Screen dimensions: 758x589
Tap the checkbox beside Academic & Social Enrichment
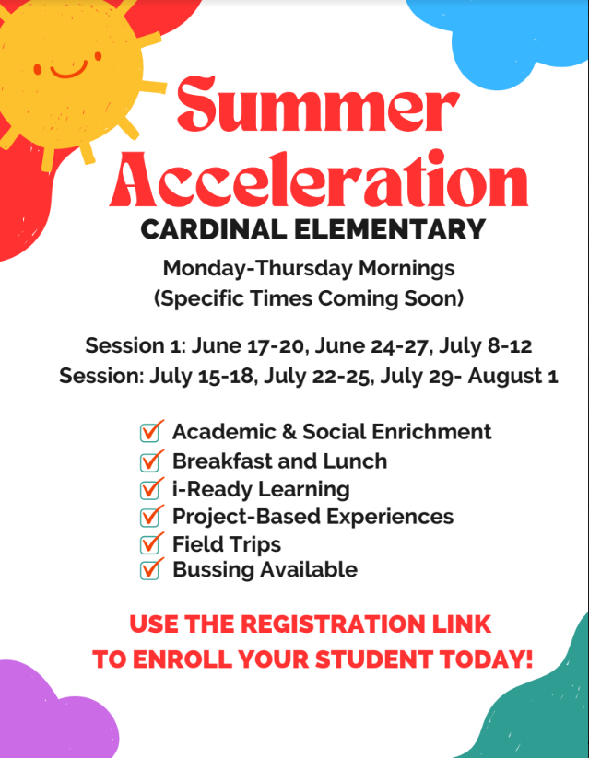[x=151, y=431]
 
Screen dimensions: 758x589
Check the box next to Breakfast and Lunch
[x=151, y=461]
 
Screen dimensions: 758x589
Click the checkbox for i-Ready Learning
[x=151, y=488]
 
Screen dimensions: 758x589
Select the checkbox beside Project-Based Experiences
[x=151, y=516]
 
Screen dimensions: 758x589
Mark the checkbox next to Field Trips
[x=151, y=543]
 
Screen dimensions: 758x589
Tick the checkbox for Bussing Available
[x=151, y=570]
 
